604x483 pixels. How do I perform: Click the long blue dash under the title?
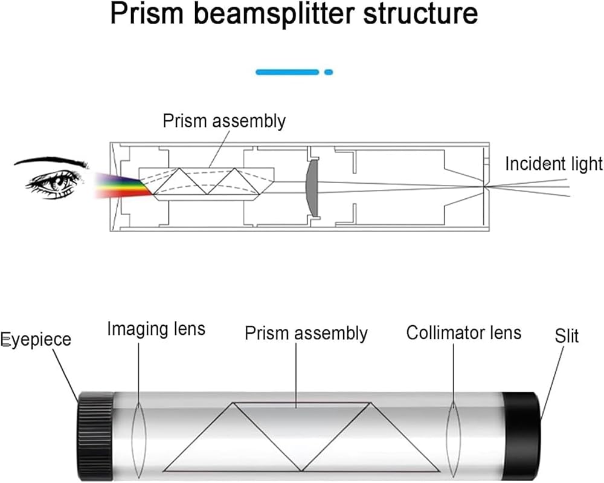(287, 72)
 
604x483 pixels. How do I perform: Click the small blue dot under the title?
(329, 72)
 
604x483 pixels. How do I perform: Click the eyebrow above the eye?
(51, 161)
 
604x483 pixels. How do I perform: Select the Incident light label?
(553, 164)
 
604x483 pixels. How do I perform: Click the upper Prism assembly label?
(223, 121)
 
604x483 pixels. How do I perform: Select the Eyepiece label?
(36, 340)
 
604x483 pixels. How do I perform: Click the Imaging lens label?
(156, 329)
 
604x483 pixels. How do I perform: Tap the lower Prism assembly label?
(306, 333)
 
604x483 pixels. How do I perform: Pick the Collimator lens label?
(463, 332)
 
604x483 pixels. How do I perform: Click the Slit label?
(566, 336)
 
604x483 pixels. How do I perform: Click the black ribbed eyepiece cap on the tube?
(95, 430)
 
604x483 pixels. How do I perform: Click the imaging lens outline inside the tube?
(139, 430)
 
